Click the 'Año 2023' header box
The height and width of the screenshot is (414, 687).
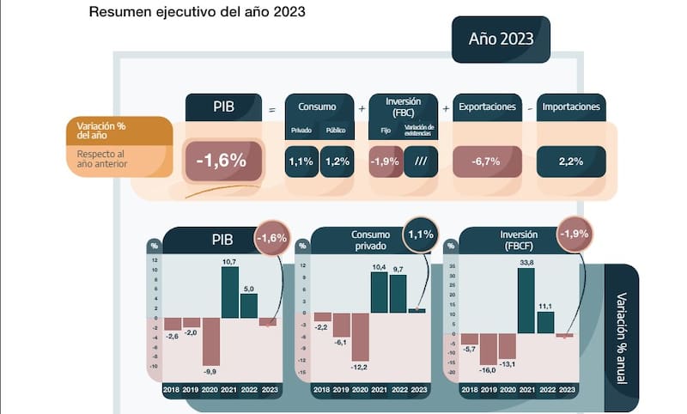coord(501,40)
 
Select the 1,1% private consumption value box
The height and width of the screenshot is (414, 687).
coord(301,161)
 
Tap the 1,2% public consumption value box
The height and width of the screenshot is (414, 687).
coord(337,161)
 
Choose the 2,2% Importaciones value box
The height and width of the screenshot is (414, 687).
coord(571,161)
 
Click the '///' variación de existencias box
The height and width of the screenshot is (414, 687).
coord(421,161)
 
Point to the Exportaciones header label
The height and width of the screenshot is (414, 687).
coord(488,107)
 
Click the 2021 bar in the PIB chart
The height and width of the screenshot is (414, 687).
coord(229,292)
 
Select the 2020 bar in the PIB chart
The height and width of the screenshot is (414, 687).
coord(210,341)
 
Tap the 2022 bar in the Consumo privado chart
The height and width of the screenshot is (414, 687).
coord(398,293)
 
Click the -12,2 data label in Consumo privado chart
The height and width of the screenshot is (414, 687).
coord(360,368)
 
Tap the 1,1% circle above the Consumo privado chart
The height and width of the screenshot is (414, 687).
coord(421,234)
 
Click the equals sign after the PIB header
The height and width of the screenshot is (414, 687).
coord(272,109)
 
